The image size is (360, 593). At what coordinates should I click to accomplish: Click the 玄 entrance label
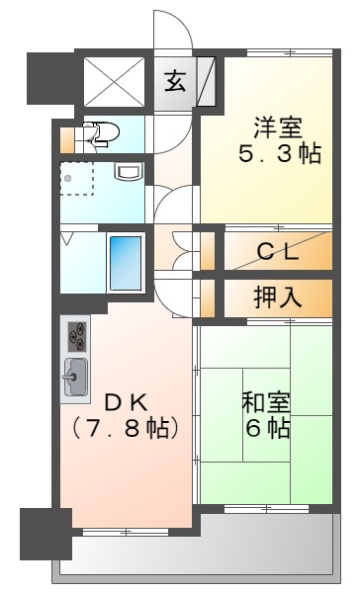(x=175, y=80)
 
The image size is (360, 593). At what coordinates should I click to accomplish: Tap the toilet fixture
(x=102, y=131)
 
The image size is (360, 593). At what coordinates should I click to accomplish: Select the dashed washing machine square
(x=76, y=178)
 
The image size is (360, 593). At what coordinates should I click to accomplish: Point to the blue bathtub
(x=124, y=260)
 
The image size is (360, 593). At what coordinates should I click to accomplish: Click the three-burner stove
(x=76, y=337)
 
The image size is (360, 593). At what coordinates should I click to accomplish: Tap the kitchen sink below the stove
(x=75, y=377)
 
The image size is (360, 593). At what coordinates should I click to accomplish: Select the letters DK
(x=126, y=402)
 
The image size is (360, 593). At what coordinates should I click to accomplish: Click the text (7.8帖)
(x=125, y=429)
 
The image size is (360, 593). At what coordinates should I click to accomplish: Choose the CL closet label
(x=278, y=252)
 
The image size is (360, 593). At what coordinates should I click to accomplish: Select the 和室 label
(x=265, y=402)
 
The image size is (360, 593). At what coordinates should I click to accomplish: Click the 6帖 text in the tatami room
(x=265, y=429)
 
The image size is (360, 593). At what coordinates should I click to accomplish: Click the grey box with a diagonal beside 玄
(x=207, y=81)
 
